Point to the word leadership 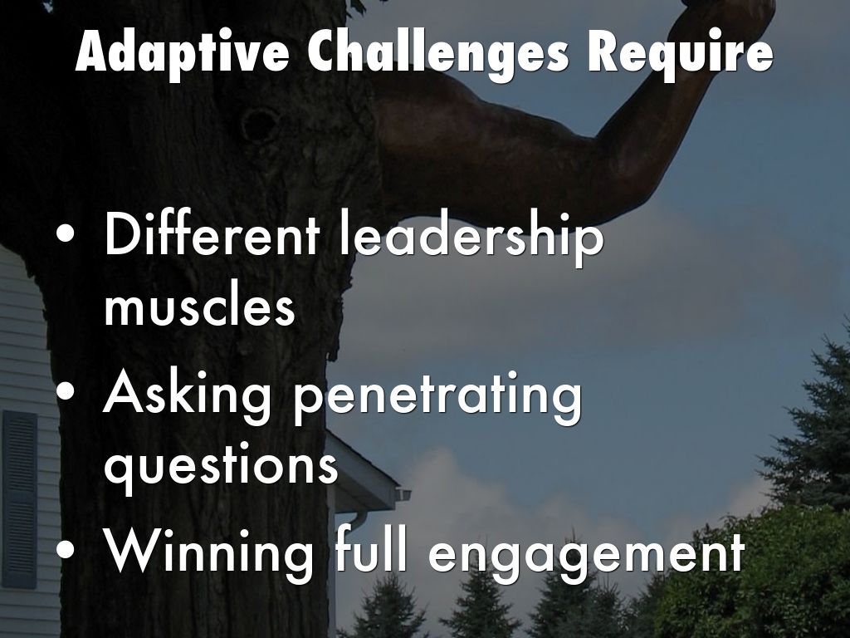(x=471, y=238)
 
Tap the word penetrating (x=438, y=400)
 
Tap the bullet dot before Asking (x=66, y=392)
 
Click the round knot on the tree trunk (x=260, y=125)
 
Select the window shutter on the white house (x=20, y=500)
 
